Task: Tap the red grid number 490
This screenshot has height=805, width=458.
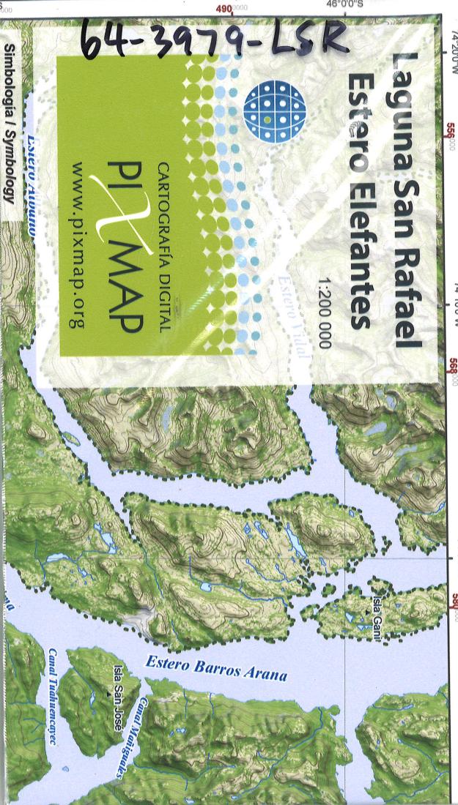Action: pos(227,7)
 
